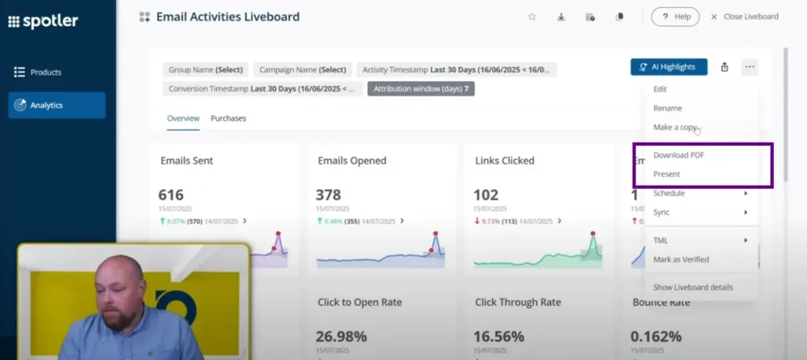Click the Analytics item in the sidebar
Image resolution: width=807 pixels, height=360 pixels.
57,105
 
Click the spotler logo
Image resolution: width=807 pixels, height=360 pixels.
43,21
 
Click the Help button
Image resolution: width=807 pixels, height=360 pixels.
675,17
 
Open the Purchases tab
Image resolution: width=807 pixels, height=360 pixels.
228,118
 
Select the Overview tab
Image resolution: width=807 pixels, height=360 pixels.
183,118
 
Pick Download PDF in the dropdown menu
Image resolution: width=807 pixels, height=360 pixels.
679,155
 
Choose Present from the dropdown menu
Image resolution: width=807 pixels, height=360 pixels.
667,174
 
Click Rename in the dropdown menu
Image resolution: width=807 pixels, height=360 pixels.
668,108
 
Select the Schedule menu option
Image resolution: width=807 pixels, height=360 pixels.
669,193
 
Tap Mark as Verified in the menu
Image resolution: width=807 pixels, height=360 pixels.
681,259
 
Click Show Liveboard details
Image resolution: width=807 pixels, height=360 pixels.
693,287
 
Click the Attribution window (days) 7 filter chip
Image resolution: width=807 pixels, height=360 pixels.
421,89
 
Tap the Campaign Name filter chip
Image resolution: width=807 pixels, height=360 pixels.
303,69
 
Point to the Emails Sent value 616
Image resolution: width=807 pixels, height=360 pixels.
171,195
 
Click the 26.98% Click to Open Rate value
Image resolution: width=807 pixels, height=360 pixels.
342,336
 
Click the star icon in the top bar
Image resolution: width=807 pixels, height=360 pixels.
532,17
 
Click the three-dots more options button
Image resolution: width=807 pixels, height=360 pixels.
749,67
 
